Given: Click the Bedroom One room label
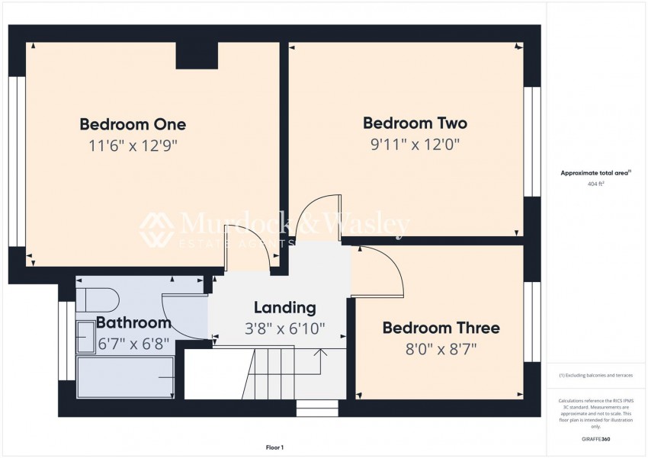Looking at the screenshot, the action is [x=133, y=124].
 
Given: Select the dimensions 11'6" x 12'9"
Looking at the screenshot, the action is [x=133, y=146].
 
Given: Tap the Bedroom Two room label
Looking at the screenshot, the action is [x=415, y=123].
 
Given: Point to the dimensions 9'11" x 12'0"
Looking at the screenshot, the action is [x=415, y=145].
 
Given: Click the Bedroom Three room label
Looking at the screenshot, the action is [x=441, y=328].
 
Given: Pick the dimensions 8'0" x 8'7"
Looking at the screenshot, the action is [x=441, y=349].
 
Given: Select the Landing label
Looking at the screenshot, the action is [x=285, y=308].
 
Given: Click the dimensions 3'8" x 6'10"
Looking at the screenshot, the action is [x=285, y=328].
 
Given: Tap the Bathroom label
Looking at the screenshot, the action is [x=133, y=322].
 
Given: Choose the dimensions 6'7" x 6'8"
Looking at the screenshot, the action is [x=133, y=344].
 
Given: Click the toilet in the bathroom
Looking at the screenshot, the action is [x=98, y=299].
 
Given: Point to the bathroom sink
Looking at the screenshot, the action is [x=86, y=337].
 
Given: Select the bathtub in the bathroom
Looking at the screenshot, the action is [x=125, y=377].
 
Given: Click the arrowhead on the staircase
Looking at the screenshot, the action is [x=321, y=352].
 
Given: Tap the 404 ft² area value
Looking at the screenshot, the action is [x=595, y=184].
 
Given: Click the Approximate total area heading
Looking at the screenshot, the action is [x=596, y=173].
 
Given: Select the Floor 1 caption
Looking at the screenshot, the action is [x=274, y=447].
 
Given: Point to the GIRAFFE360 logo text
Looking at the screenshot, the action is [x=595, y=439].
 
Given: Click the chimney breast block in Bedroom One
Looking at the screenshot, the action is [x=197, y=56].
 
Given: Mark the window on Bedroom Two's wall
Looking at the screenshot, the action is [x=532, y=142].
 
